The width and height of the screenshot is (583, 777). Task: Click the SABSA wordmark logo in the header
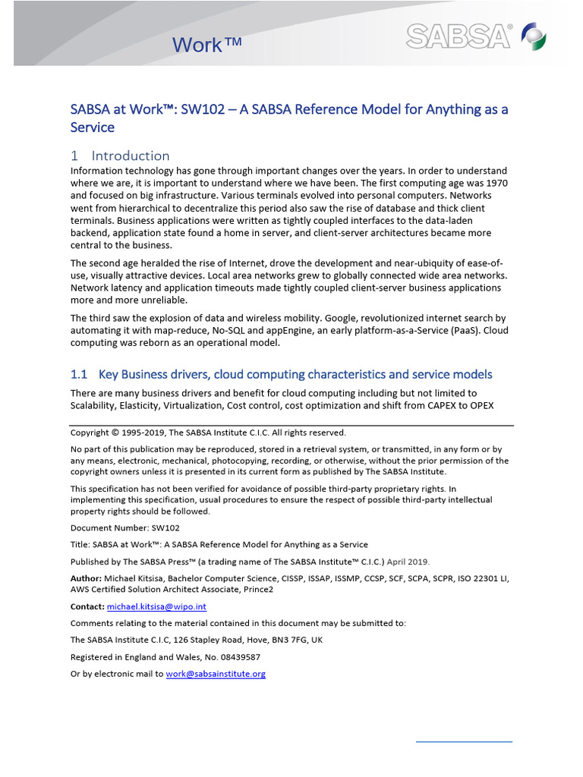[x=459, y=35]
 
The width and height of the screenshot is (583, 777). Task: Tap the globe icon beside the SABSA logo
[x=530, y=36]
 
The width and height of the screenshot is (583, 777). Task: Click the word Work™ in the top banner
[x=206, y=45]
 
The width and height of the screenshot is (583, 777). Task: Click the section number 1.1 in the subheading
[x=80, y=374]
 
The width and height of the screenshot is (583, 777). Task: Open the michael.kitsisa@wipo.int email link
[x=156, y=607]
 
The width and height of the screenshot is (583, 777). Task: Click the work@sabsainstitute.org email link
[x=216, y=674]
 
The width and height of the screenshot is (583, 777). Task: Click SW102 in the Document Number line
[x=165, y=527]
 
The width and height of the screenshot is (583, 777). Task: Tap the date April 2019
[x=408, y=562]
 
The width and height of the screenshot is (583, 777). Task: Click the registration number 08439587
[x=235, y=657]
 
